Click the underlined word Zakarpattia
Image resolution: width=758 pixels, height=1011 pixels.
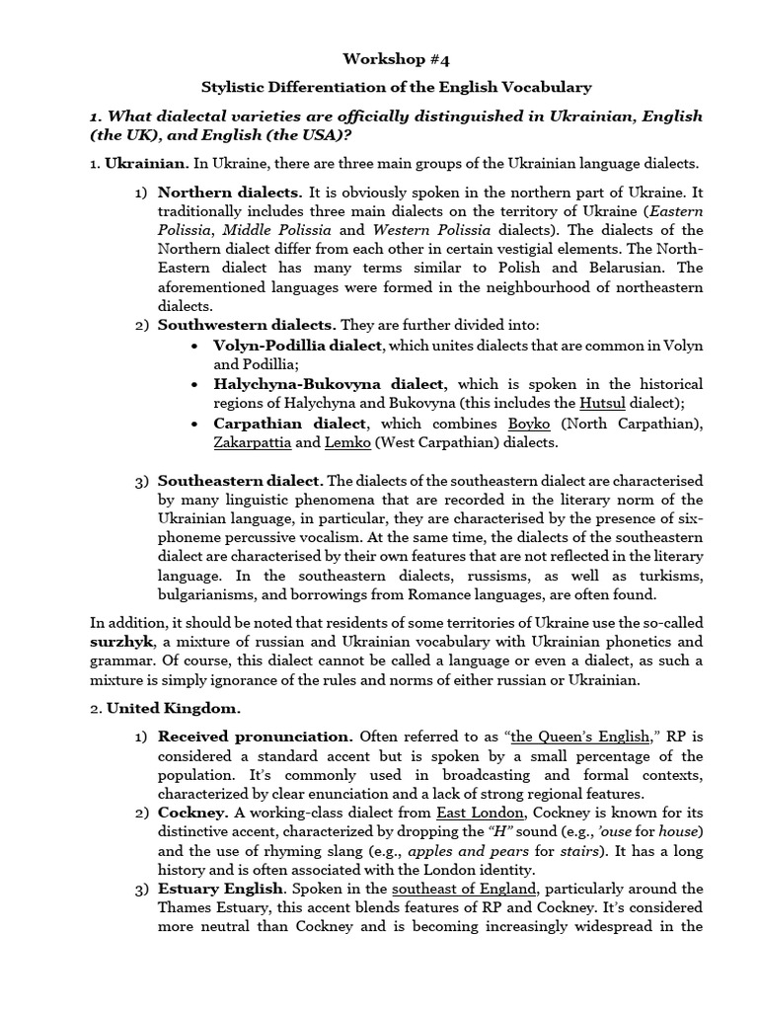[251, 442]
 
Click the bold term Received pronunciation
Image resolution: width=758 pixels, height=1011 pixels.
[255, 737]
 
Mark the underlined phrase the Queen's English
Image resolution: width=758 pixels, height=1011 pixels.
[579, 737]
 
